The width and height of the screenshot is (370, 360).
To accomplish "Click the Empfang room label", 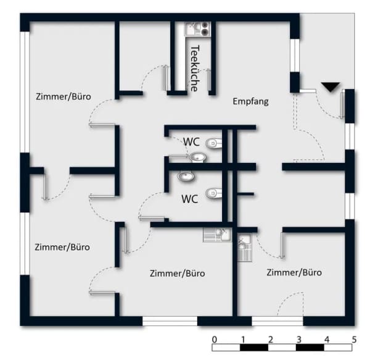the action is [x=250, y=101].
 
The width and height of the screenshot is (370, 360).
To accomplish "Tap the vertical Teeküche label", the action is [x=195, y=69].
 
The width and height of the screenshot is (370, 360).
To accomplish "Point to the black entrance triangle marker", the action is [x=331, y=87].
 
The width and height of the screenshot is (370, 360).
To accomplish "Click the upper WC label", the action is [x=191, y=142].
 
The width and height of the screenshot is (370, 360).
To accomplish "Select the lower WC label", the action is [x=190, y=199].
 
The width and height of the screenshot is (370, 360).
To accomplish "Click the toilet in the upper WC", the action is [x=214, y=143].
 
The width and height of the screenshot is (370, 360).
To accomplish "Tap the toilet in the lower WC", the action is [x=214, y=193].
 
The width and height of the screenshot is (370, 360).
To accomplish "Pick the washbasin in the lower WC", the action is [x=186, y=177].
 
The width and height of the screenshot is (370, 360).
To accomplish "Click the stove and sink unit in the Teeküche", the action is [x=197, y=29].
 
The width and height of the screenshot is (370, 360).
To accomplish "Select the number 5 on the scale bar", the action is [x=354, y=340].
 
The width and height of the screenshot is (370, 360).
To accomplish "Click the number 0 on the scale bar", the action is [x=214, y=340].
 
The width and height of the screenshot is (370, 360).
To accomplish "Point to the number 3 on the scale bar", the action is [x=298, y=340].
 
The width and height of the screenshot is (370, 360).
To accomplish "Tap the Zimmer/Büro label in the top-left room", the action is [x=64, y=96].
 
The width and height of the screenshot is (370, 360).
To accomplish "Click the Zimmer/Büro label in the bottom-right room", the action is [x=294, y=272].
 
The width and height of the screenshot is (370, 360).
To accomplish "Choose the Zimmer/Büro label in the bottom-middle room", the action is [x=177, y=274].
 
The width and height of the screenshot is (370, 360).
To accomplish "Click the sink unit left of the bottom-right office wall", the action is [x=217, y=235].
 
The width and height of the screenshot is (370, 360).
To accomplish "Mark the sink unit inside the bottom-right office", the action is [x=245, y=248].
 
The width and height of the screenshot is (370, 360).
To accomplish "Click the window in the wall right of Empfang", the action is [x=295, y=56].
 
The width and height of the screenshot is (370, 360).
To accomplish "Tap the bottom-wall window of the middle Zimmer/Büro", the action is [x=170, y=321].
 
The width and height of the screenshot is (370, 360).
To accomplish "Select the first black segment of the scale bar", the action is [x=254, y=348].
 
